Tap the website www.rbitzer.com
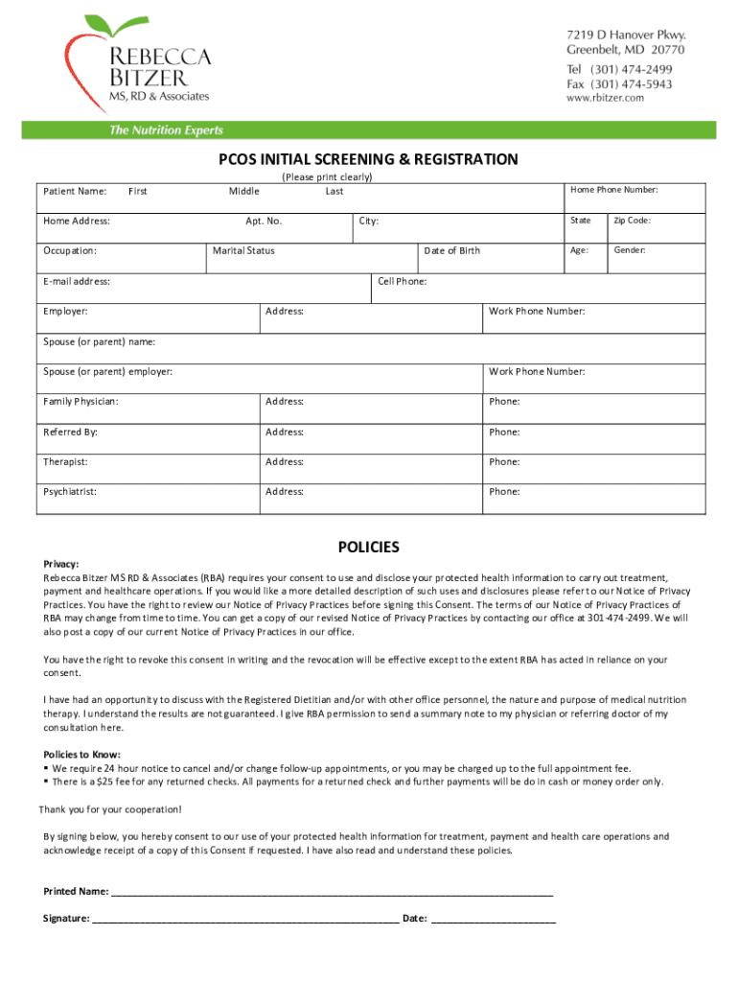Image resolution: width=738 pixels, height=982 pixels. pyautogui.click(x=606, y=99)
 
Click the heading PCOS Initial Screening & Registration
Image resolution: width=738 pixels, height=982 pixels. pyautogui.click(x=368, y=159)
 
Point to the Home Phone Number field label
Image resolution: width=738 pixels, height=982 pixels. pyautogui.click(x=613, y=190)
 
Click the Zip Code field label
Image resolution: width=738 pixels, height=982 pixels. pyautogui.click(x=633, y=221)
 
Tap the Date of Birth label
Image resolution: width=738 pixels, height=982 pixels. pyautogui.click(x=451, y=251)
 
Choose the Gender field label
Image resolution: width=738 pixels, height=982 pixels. pyautogui.click(x=630, y=250)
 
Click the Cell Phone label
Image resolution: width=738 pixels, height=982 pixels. pyautogui.click(x=403, y=282)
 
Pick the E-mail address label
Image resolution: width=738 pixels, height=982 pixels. pyautogui.click(x=77, y=282)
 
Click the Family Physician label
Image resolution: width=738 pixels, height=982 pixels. pyautogui.click(x=81, y=402)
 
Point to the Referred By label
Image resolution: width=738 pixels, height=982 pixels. pyautogui.click(x=70, y=433)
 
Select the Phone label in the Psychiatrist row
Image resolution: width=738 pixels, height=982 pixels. pyautogui.click(x=504, y=492)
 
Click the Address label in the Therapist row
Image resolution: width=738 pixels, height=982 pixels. pyautogui.click(x=285, y=462)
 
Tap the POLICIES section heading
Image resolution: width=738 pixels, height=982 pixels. pyautogui.click(x=368, y=548)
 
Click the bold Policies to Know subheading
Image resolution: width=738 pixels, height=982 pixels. pyautogui.click(x=81, y=754)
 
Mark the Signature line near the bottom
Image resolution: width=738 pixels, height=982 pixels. pyautogui.click(x=244, y=919)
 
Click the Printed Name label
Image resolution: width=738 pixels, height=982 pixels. pyautogui.click(x=76, y=892)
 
